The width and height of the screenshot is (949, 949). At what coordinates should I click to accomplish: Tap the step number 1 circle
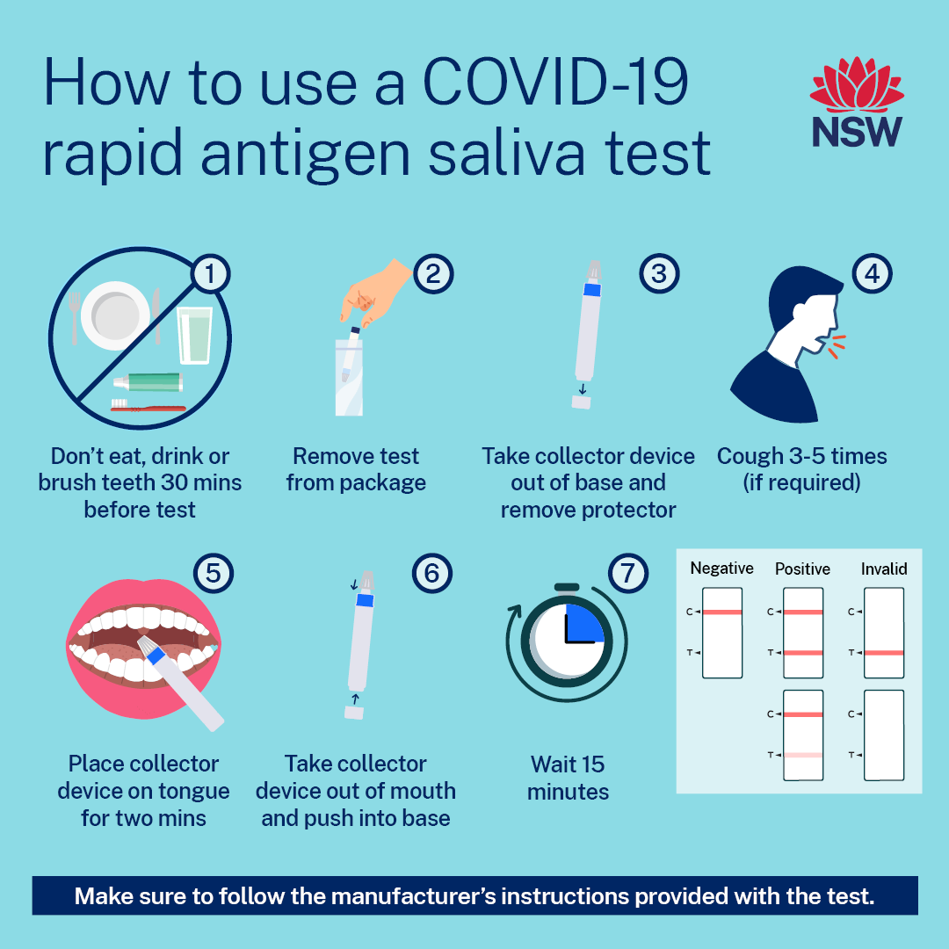pyautogui.click(x=210, y=274)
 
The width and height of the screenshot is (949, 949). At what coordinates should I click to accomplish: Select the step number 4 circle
pyautogui.click(x=873, y=273)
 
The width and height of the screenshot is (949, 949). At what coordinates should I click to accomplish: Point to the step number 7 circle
pyautogui.click(x=627, y=573)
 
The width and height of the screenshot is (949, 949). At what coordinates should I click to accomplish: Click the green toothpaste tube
pyautogui.click(x=149, y=382)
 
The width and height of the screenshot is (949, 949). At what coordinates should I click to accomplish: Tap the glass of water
pyautogui.click(x=194, y=336)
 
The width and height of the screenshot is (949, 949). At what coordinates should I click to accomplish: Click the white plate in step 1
pyautogui.click(x=115, y=315)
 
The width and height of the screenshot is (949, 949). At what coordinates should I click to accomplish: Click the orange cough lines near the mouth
pyautogui.click(x=837, y=345)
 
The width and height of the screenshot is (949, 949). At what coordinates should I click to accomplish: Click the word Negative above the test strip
pyautogui.click(x=721, y=569)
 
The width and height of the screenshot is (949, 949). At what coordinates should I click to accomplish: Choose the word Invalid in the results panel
pyautogui.click(x=884, y=569)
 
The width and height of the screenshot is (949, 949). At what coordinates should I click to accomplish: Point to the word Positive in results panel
pyautogui.click(x=802, y=569)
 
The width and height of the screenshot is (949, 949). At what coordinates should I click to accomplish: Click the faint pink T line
pyautogui.click(x=803, y=756)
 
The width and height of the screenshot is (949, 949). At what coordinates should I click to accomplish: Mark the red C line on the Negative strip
pyautogui.click(x=722, y=612)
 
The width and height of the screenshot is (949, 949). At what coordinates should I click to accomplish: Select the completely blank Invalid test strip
pyautogui.click(x=884, y=735)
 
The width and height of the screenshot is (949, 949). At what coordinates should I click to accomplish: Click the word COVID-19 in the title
pyautogui.click(x=555, y=83)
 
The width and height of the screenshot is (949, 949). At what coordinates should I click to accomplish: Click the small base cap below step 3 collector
pyautogui.click(x=581, y=402)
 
